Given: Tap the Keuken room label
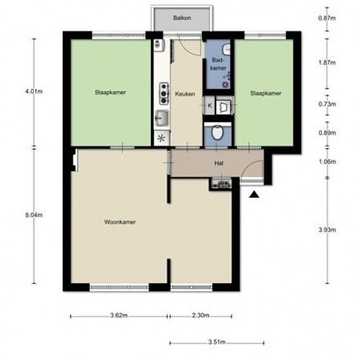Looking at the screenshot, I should pyautogui.click(x=185, y=95).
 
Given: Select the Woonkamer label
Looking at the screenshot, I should pyautogui.click(x=120, y=223).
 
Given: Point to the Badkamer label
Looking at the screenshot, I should pyautogui.click(x=219, y=63).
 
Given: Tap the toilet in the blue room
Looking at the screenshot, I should pyautogui.click(x=219, y=134).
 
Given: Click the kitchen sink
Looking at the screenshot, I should pyautogui.click(x=161, y=118).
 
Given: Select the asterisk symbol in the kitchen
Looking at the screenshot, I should pyautogui.click(x=161, y=137).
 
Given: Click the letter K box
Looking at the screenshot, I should pyautogui.click(x=209, y=105).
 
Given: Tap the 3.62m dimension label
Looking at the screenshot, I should pyautogui.click(x=118, y=316).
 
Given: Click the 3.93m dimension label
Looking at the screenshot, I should pyautogui.click(x=326, y=230).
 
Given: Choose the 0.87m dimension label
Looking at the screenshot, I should pyautogui.click(x=326, y=18).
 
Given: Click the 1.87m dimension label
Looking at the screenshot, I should pyautogui.click(x=326, y=63).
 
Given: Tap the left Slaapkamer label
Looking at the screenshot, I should pyautogui.click(x=110, y=93).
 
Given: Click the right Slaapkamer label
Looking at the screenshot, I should pyautogui.click(x=266, y=94).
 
